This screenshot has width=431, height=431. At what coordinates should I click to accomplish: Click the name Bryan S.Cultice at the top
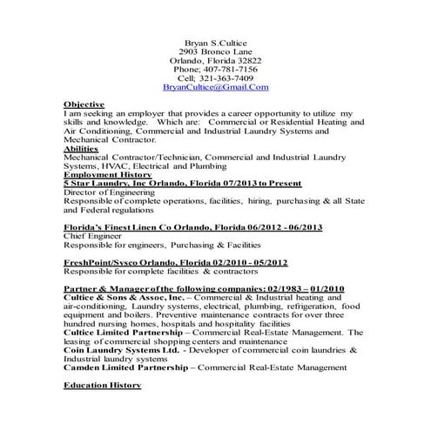pyautogui.click(x=215, y=42)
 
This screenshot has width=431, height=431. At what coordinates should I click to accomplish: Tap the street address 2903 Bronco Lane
pyautogui.click(x=215, y=53)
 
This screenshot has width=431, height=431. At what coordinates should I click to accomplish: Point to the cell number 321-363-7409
pyautogui.click(x=227, y=77)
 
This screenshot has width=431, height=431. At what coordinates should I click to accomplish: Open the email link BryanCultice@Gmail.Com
pyautogui.click(x=215, y=88)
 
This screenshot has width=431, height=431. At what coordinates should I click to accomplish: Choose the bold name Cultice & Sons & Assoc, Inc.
pyautogui.click(x=117, y=297)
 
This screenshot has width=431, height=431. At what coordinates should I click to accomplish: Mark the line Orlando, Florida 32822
pyautogui.click(x=215, y=61)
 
